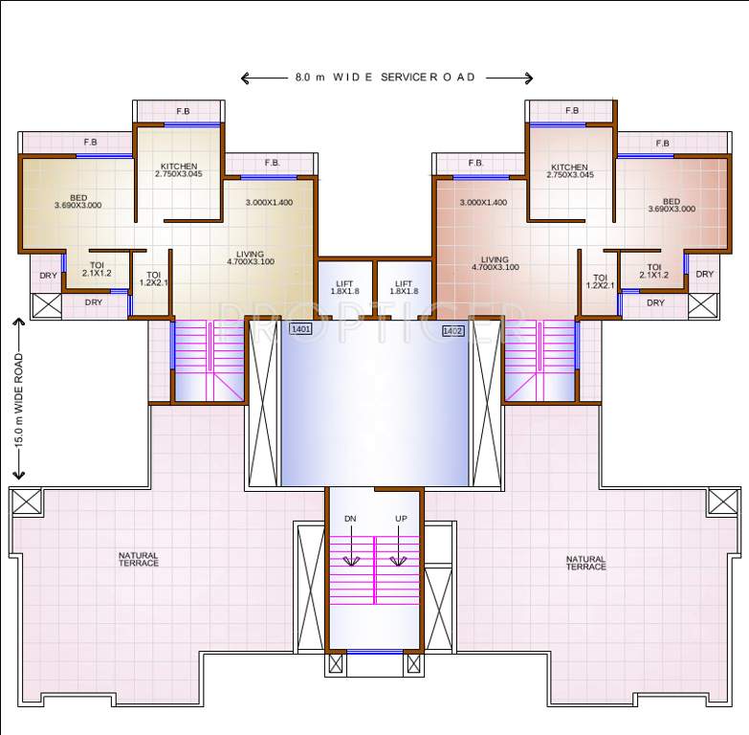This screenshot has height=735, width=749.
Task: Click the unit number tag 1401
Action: coord(300,329)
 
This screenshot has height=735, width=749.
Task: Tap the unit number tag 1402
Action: coord(452,330)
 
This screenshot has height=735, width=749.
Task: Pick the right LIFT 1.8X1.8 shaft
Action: coord(404,287)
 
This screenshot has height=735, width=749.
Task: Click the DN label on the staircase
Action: coord(350,519)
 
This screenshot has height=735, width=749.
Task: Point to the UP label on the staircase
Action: coord(401,519)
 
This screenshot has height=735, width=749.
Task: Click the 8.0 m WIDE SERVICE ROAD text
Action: coord(386,78)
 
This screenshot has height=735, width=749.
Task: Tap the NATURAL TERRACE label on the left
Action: coord(139,559)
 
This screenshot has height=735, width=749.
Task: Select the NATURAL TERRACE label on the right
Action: coord(585,563)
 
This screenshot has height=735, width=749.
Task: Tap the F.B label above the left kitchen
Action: coord(183,111)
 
